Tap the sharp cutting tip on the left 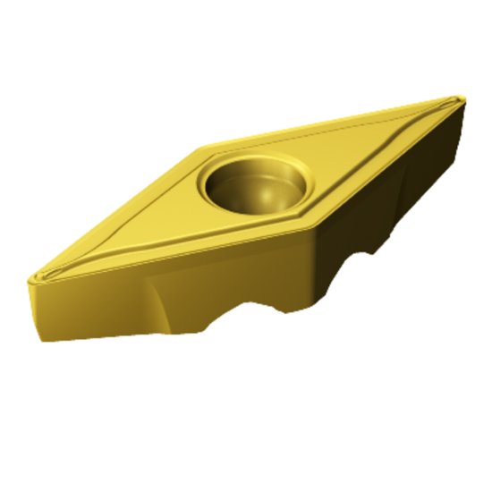[x=30, y=279]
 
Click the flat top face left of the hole [x=143, y=224]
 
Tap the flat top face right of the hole [x=358, y=152]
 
